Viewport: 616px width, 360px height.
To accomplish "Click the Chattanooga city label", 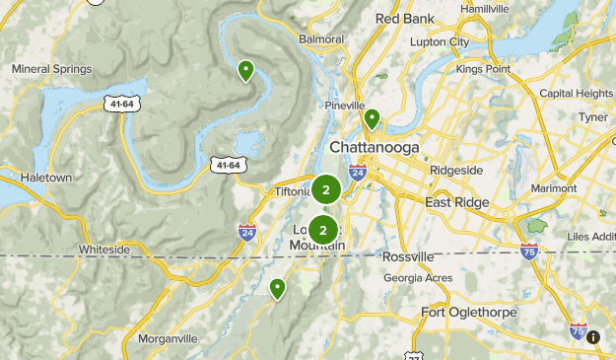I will [374, 147].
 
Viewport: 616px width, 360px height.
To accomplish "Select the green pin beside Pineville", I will [372, 119].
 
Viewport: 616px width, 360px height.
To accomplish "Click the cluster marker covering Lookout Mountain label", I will [323, 229].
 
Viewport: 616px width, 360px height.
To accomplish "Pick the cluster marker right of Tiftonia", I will [326, 189].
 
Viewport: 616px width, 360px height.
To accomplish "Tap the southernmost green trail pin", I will [278, 288].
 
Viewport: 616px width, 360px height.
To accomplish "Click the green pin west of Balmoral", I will [245, 69].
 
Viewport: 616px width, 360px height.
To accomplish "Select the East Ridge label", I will [458, 201].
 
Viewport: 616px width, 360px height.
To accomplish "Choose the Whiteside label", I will [103, 250].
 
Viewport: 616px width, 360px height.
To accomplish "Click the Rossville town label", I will [407, 256].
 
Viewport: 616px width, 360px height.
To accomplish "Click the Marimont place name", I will [553, 186].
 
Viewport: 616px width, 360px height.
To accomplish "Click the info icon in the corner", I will [593, 337].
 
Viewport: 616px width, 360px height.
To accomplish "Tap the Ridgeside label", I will [456, 170].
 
